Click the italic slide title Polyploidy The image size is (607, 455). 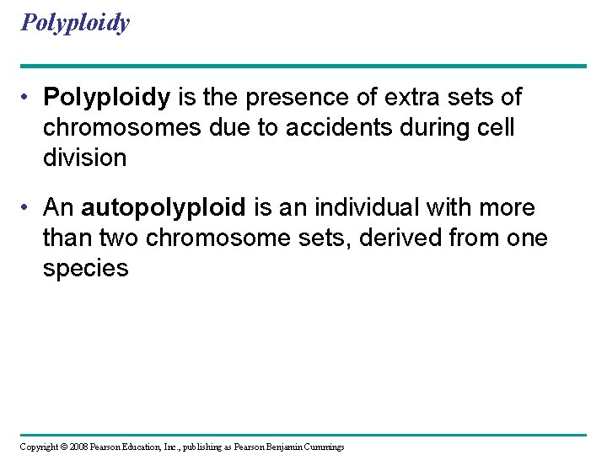click(75, 23)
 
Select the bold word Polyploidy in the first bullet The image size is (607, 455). click(106, 98)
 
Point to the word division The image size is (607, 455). click(84, 158)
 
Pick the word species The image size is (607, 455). click(85, 269)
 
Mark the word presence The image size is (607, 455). click(309, 98)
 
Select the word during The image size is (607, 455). click(448, 127)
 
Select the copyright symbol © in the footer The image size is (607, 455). click(64, 447)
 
